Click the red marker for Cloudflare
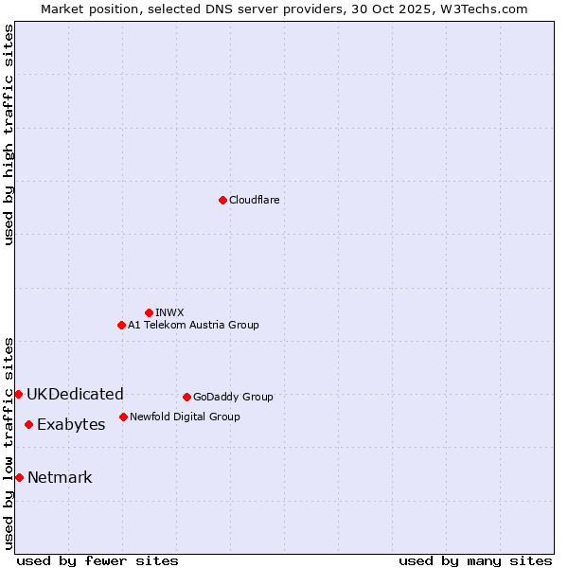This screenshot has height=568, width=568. [222, 200]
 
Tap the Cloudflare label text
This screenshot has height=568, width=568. [254, 200]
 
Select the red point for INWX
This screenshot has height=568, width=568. [149, 312]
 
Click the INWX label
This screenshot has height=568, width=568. [169, 312]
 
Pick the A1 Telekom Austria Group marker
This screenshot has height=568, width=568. [121, 325]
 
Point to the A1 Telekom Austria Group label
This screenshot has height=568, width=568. [193, 325]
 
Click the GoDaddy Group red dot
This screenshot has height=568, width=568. [186, 397]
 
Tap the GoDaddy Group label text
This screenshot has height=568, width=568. [233, 397]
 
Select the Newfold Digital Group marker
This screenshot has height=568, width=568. [123, 417]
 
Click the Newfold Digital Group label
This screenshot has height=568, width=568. [185, 417]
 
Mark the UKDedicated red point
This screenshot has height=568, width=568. [18, 394]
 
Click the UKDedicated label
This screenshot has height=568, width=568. [75, 394]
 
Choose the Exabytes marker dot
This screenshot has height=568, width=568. [28, 424]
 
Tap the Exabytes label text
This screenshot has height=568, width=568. [71, 424]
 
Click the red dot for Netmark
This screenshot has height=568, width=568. [19, 477]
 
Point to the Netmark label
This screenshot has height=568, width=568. [60, 477]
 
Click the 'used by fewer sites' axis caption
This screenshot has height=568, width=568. [98, 560]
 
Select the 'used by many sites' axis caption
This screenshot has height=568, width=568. [475, 560]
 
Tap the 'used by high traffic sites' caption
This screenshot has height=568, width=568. [9, 134]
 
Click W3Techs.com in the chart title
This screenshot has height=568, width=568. [487, 9]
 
